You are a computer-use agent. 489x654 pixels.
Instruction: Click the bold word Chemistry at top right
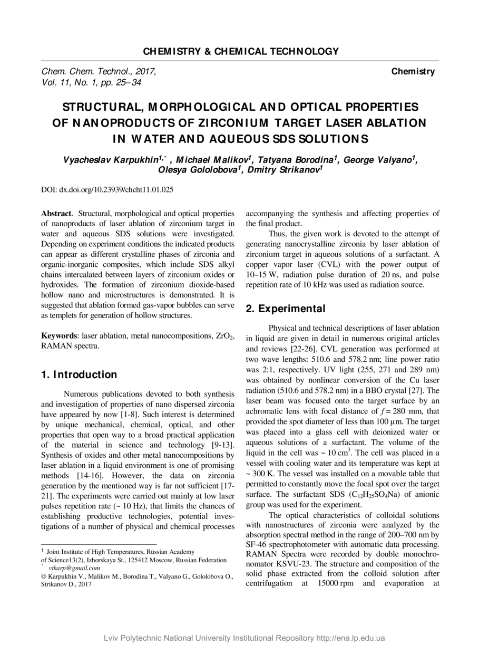coord(413,72)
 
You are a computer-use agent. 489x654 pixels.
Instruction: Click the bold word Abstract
coord(56,214)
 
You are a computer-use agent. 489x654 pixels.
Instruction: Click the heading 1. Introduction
coord(79,375)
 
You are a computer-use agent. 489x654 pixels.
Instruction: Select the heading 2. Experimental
coord(286,309)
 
